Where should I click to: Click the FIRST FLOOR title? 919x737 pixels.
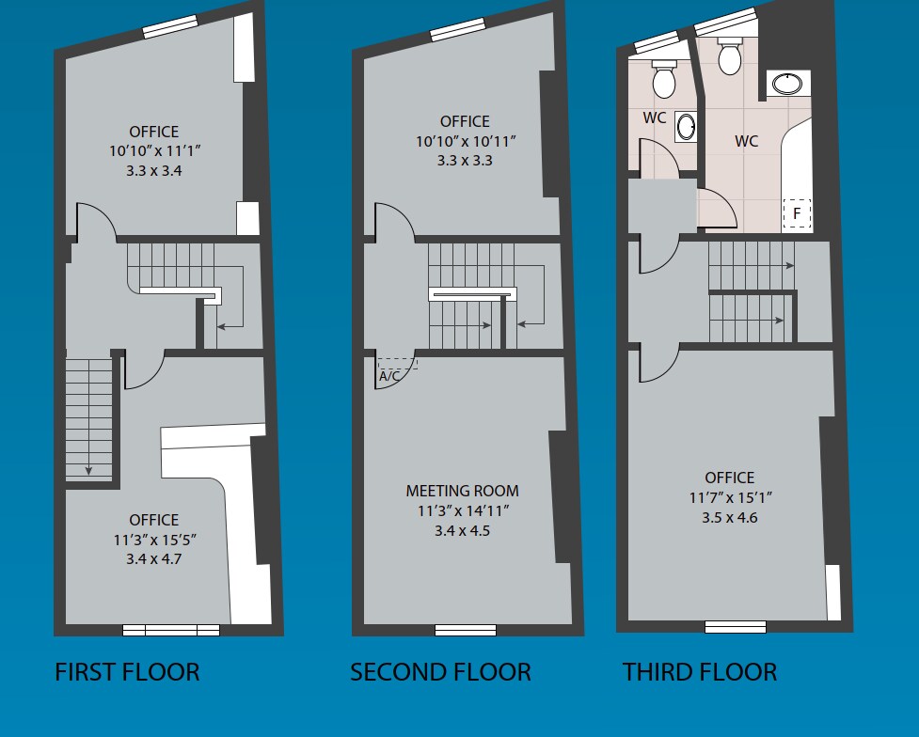(x=127, y=672)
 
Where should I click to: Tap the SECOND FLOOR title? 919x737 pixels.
(x=440, y=672)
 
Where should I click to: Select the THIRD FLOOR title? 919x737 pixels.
(x=699, y=672)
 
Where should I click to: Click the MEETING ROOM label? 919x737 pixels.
(x=462, y=491)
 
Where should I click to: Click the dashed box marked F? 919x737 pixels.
(x=797, y=214)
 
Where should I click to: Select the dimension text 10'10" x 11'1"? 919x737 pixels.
(x=155, y=151)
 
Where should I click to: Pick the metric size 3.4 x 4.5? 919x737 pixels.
(x=462, y=531)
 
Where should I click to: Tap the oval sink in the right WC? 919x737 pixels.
(x=785, y=85)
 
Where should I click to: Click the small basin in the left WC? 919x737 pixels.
(x=687, y=127)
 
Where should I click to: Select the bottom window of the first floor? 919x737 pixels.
(x=171, y=630)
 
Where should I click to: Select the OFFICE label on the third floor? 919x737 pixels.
(x=730, y=478)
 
